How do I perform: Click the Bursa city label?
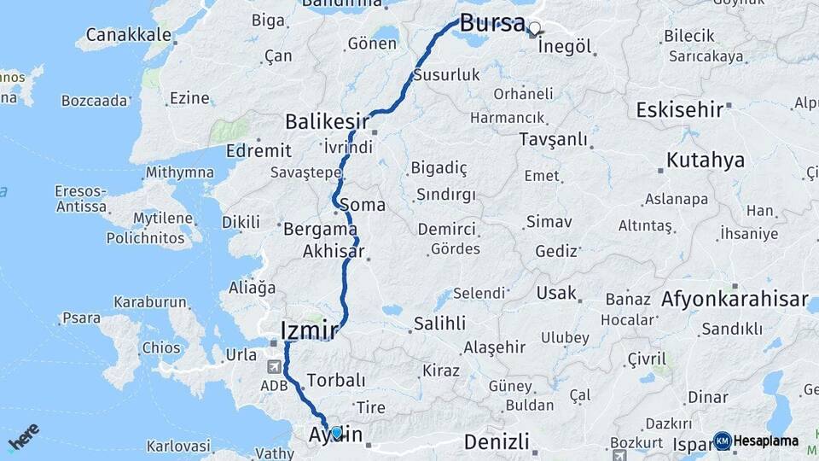pyautogui.click(x=491, y=23)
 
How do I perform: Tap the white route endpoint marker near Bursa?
pyautogui.click(x=534, y=28)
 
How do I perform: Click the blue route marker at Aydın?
pyautogui.click(x=336, y=433)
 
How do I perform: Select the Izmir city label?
pyautogui.click(x=310, y=330)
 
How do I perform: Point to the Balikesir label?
pyautogui.click(x=328, y=120)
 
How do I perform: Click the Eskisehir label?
pyautogui.click(x=679, y=109)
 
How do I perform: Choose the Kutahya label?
pyautogui.click(x=705, y=160)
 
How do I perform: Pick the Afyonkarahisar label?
pyautogui.click(x=734, y=300)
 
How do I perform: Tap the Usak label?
pyautogui.click(x=556, y=294)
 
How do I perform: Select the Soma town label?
pyautogui.click(x=363, y=206)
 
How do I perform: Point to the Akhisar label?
pyautogui.click(x=334, y=252)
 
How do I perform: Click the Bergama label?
pyautogui.click(x=320, y=229)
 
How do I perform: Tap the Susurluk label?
pyautogui.click(x=446, y=75)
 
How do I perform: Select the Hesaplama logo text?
pyautogui.click(x=767, y=441)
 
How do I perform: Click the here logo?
pyautogui.click(x=23, y=437)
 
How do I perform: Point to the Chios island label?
pyautogui.click(x=161, y=348)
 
